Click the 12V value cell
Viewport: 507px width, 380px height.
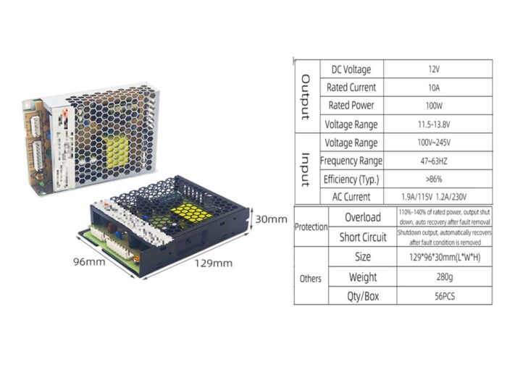coord(434,69)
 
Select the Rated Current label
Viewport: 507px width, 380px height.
coord(351,88)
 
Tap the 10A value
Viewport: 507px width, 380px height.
coord(434,88)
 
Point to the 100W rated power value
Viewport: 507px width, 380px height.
coord(434,106)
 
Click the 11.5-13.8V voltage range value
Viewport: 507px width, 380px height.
coord(434,124)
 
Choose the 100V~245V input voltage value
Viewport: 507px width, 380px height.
coord(434,143)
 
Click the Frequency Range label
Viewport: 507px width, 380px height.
coord(351,161)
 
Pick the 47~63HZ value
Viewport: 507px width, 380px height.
coord(434,161)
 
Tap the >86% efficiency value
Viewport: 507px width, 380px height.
coord(434,179)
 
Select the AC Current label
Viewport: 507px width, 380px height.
coord(351,197)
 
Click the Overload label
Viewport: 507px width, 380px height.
coord(362,217)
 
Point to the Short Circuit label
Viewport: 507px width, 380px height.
coord(362,237)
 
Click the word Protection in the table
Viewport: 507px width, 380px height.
coord(311,227)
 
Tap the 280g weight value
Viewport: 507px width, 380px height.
coord(434,277)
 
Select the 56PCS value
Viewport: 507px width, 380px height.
coord(434,296)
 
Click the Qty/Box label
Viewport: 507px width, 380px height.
coord(362,296)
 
